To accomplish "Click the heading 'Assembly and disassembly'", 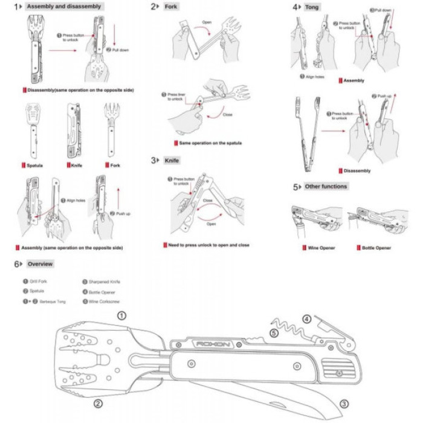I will (63, 7).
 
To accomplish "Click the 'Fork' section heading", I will (172, 7).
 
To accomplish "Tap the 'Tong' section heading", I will (312, 7).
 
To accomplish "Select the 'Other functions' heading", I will (326, 186).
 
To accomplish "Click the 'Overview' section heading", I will (40, 264).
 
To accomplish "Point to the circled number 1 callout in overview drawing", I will (122, 315).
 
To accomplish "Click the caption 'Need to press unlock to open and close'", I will (208, 245).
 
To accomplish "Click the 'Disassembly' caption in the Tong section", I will (358, 170).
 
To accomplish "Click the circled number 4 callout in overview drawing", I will (307, 318).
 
